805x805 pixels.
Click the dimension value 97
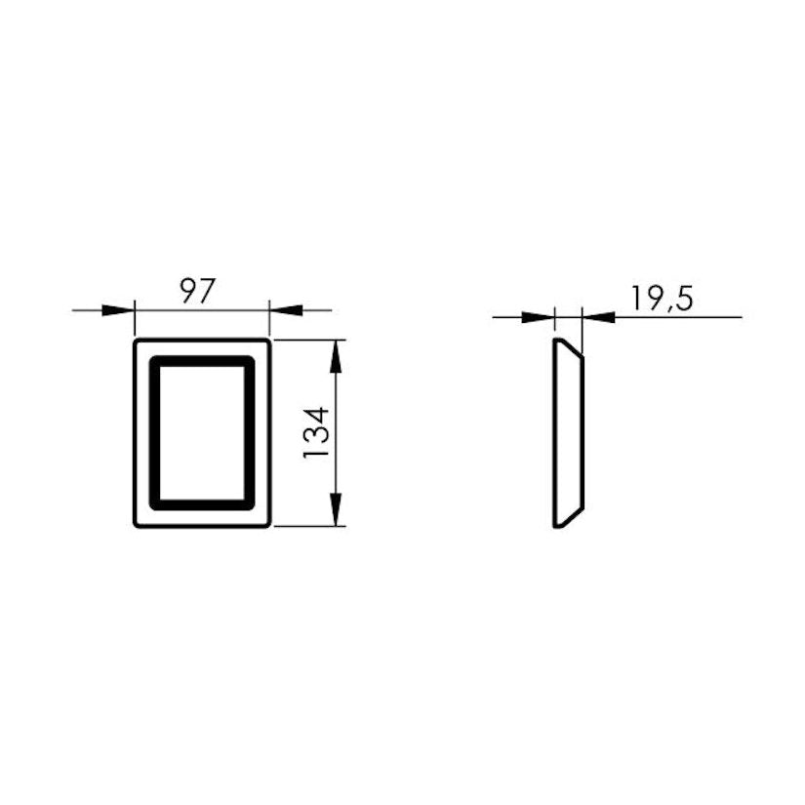196,292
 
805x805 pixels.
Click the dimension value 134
316,433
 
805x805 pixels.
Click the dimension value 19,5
662,299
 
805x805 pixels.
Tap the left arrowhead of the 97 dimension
118,310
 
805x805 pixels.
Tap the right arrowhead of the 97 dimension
286,310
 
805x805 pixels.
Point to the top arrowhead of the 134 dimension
336,356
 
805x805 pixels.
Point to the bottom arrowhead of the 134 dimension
336,509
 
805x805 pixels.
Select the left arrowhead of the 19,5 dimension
539,317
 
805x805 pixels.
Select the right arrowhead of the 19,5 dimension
599,317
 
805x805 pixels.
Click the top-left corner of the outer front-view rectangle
135,340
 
